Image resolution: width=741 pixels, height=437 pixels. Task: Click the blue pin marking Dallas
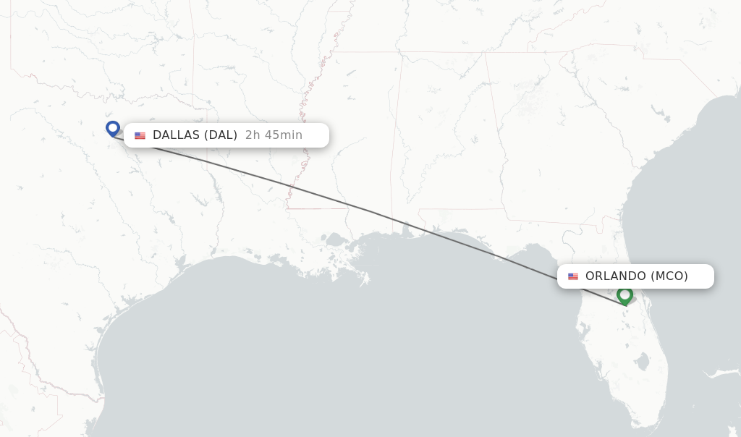(112, 128)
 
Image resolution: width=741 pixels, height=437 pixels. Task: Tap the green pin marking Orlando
(624, 294)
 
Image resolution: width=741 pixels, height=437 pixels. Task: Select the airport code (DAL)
(220, 135)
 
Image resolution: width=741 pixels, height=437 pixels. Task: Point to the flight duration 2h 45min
(274, 135)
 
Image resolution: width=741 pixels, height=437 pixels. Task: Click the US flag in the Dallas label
(140, 135)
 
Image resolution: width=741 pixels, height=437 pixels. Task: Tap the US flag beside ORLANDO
(573, 276)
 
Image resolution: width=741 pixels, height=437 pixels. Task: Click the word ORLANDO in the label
(615, 276)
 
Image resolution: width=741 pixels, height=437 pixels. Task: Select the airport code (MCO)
(669, 276)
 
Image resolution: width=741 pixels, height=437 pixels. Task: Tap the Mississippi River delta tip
(365, 279)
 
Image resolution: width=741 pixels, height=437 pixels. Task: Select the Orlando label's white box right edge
(714, 276)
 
